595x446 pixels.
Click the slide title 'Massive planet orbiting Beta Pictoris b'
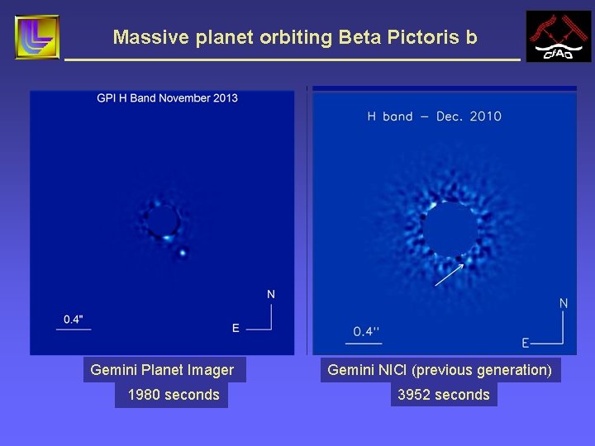pyautogui.click(x=295, y=37)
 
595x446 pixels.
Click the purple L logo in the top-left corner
pyautogui.click(x=37, y=37)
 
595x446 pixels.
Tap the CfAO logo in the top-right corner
pyautogui.click(x=559, y=37)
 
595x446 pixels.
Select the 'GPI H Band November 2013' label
pyautogui.click(x=167, y=98)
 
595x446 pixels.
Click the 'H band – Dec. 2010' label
pyautogui.click(x=434, y=116)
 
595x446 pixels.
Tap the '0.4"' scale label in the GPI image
pyautogui.click(x=74, y=319)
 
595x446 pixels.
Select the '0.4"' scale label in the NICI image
pyautogui.click(x=367, y=331)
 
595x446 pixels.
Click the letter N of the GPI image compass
pyautogui.click(x=270, y=294)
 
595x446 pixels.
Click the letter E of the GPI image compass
pyautogui.click(x=236, y=329)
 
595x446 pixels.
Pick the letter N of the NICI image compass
pyautogui.click(x=564, y=303)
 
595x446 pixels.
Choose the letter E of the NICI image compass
pyautogui.click(x=526, y=343)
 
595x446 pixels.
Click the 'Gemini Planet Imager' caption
pyautogui.click(x=162, y=370)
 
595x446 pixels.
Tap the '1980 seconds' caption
pyautogui.click(x=174, y=395)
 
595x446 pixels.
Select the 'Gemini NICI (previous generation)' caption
pyautogui.click(x=440, y=370)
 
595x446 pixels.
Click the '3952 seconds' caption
pyautogui.click(x=444, y=395)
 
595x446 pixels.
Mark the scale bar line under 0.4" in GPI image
pyautogui.click(x=74, y=330)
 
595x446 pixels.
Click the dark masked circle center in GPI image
pyautogui.click(x=163, y=221)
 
